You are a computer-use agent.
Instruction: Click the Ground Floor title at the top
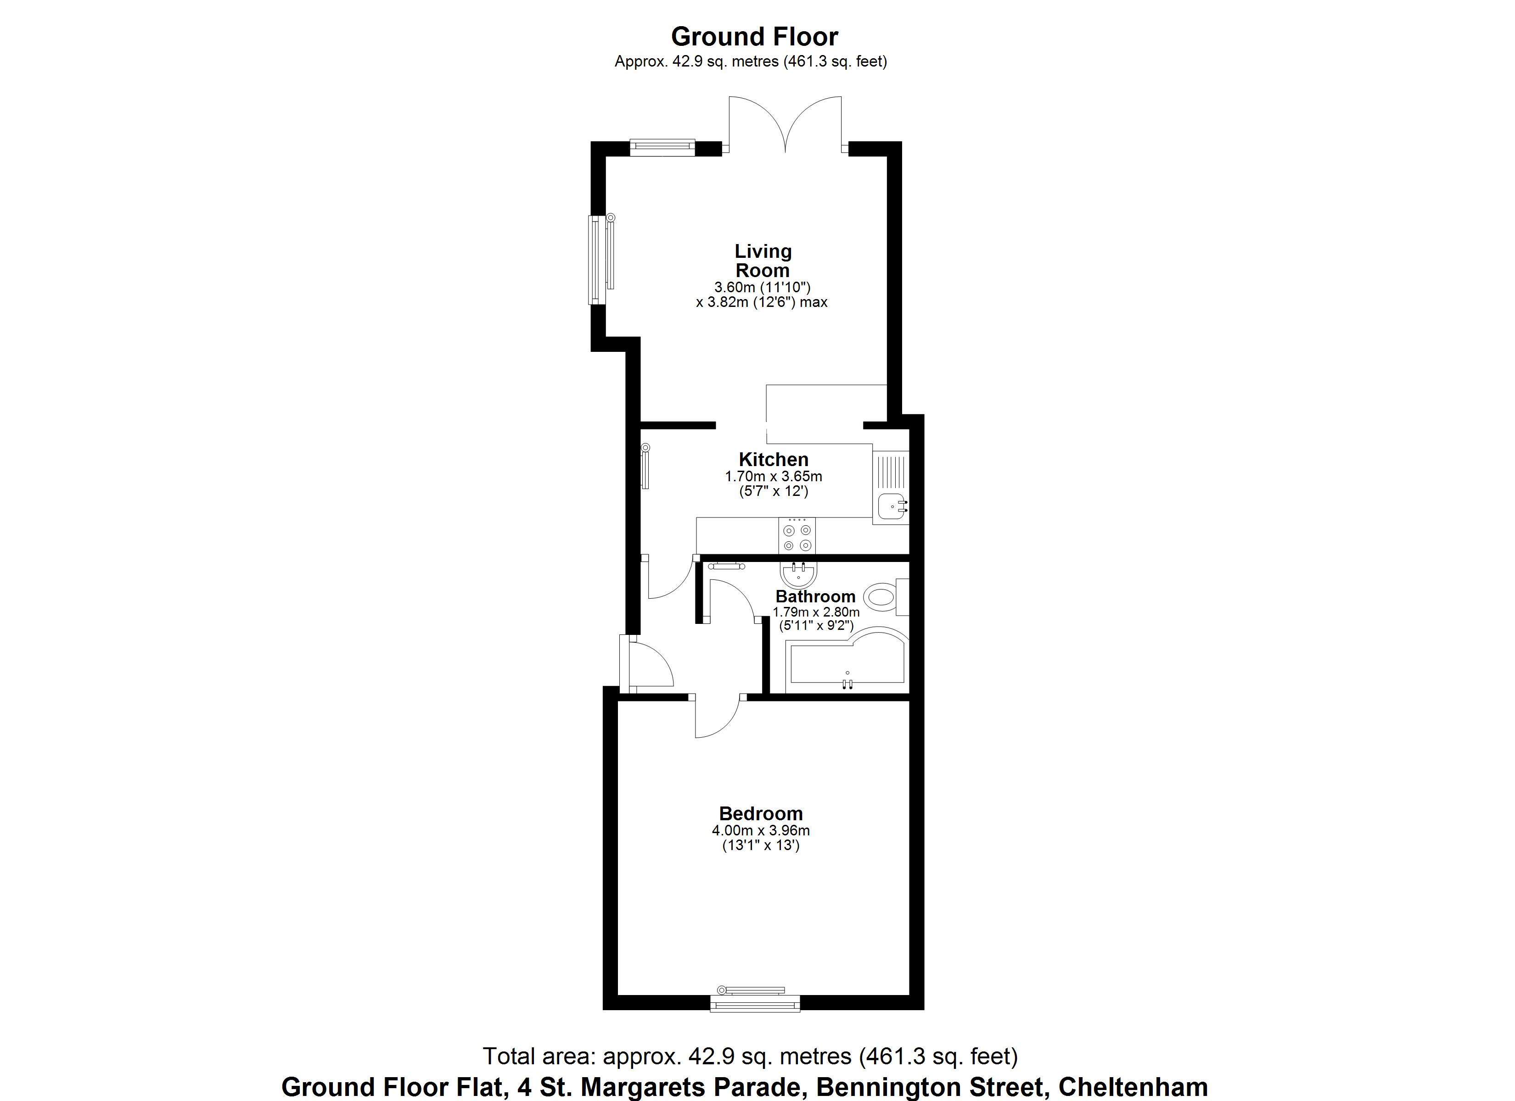point(754,36)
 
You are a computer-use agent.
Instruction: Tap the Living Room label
point(763,261)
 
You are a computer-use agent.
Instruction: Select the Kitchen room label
point(774,459)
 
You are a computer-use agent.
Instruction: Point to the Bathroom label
point(815,596)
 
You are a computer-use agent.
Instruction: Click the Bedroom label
point(761,813)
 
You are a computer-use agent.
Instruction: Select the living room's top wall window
point(662,146)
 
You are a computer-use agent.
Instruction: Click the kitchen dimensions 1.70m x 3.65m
point(774,477)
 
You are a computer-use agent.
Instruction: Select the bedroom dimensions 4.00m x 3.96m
point(761,831)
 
